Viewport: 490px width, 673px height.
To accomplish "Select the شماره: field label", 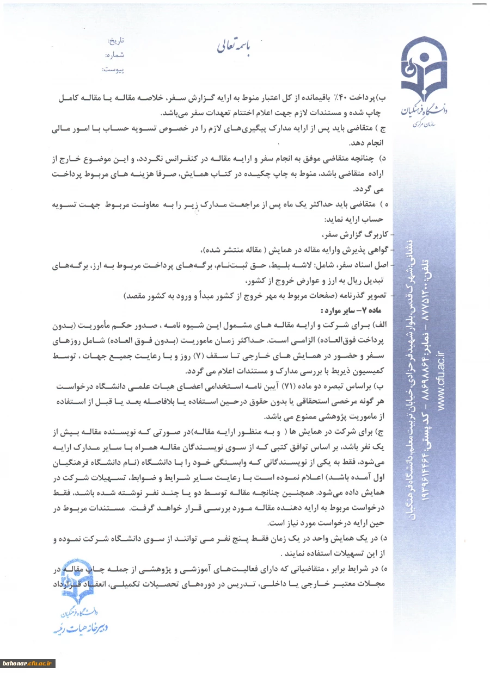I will [x=114, y=55].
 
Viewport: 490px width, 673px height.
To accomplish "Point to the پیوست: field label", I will [x=113, y=70].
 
